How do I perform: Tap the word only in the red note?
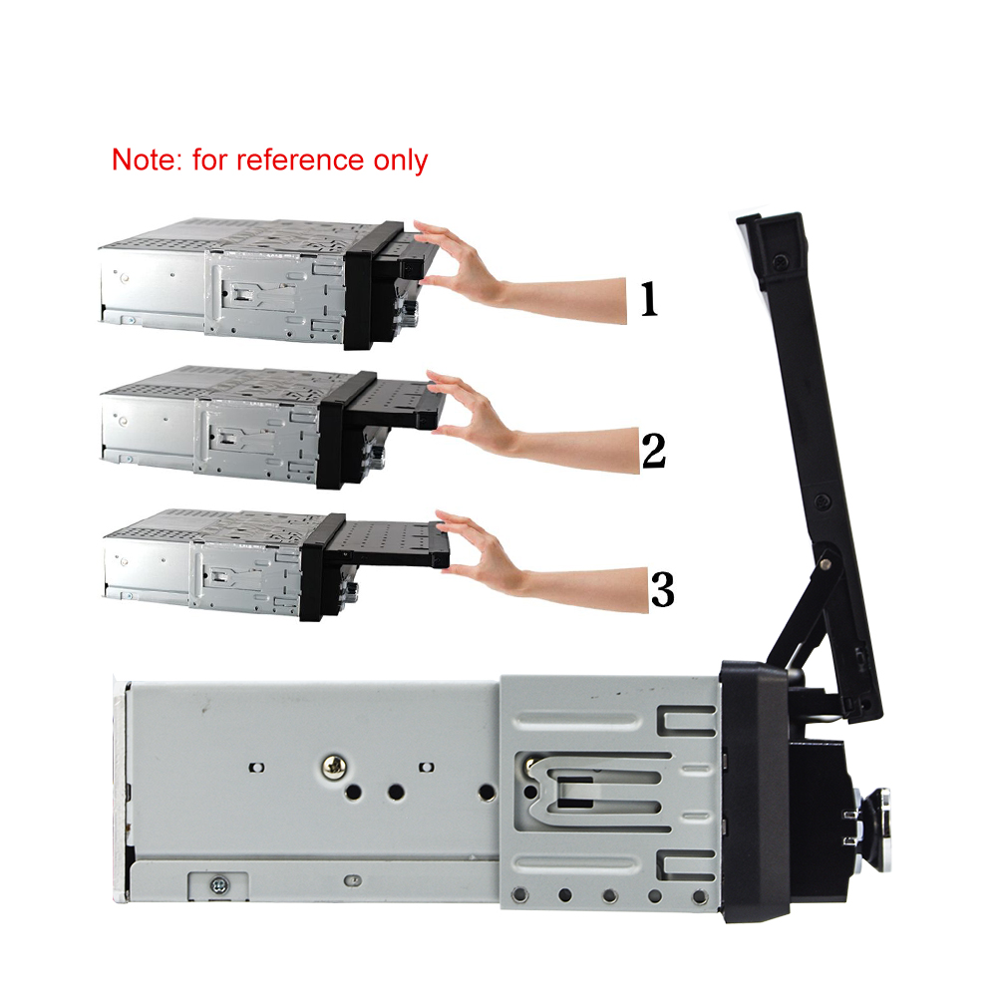point(401,161)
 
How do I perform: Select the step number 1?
point(648,299)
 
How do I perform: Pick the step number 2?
point(654,451)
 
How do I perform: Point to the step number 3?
point(662,589)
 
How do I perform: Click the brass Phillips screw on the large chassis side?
point(334,767)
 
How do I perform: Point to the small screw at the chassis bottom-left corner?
point(218,884)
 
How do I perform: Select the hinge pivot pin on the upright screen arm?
point(827,562)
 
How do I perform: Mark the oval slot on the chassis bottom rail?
point(352,880)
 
